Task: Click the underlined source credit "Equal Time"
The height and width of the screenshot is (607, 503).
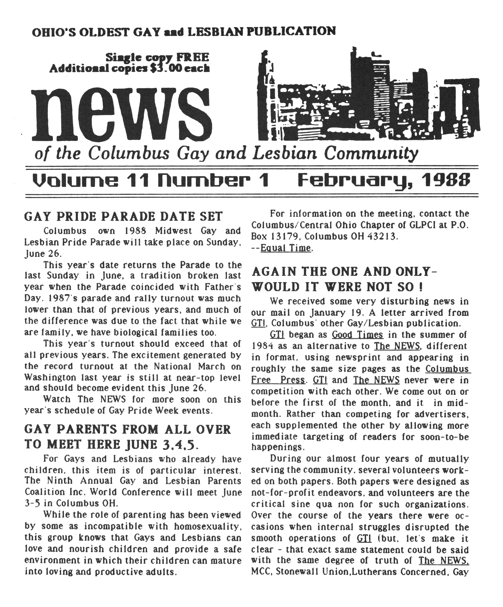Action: (x=285, y=248)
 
